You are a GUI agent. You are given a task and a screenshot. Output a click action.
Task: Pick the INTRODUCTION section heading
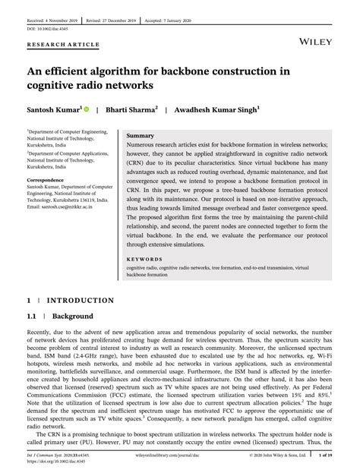click(x=80, y=300)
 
